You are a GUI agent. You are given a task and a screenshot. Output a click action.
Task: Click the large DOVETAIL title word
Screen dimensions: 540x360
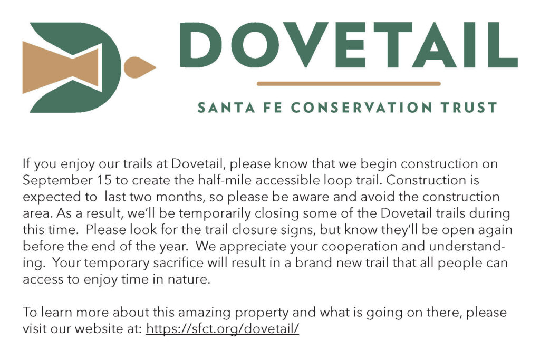tap(349, 45)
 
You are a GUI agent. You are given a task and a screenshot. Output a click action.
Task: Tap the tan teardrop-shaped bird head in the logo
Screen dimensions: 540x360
tap(139, 67)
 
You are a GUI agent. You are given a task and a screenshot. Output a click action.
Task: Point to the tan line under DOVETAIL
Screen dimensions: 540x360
tap(349, 84)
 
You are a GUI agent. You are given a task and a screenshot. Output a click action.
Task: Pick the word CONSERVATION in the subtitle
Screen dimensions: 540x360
tap(361, 108)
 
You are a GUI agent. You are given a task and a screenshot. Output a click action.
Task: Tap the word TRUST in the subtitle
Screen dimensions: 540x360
tap(469, 108)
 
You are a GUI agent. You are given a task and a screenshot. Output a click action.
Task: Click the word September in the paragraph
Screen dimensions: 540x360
tap(57, 181)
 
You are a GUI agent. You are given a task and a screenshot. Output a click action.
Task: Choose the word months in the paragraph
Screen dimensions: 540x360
tap(179, 197)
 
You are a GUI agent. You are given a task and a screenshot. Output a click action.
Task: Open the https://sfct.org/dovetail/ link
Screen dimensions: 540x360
tap(223, 329)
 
